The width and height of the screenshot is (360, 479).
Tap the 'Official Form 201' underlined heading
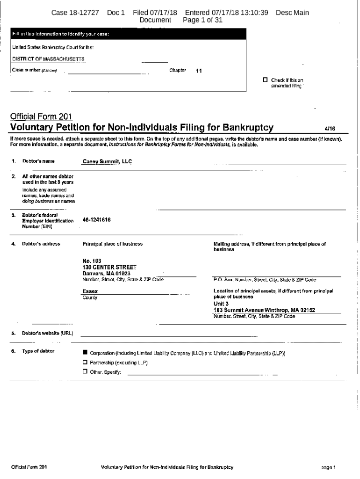click(x=41, y=116)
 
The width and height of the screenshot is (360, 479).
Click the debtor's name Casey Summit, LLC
click(x=107, y=161)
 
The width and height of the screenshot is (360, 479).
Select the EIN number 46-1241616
click(x=96, y=219)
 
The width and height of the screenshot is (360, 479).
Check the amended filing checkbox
click(x=266, y=80)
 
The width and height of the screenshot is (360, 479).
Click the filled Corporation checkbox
click(x=85, y=353)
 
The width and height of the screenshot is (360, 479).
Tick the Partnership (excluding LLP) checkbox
click(x=85, y=363)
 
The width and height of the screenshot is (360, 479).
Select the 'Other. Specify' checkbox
click(x=85, y=372)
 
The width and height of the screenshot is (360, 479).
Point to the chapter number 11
click(x=199, y=71)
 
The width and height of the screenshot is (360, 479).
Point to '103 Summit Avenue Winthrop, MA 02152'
click(x=264, y=310)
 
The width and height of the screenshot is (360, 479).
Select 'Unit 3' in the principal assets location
click(x=221, y=304)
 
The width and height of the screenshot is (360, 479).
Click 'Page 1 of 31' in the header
click(x=202, y=21)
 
